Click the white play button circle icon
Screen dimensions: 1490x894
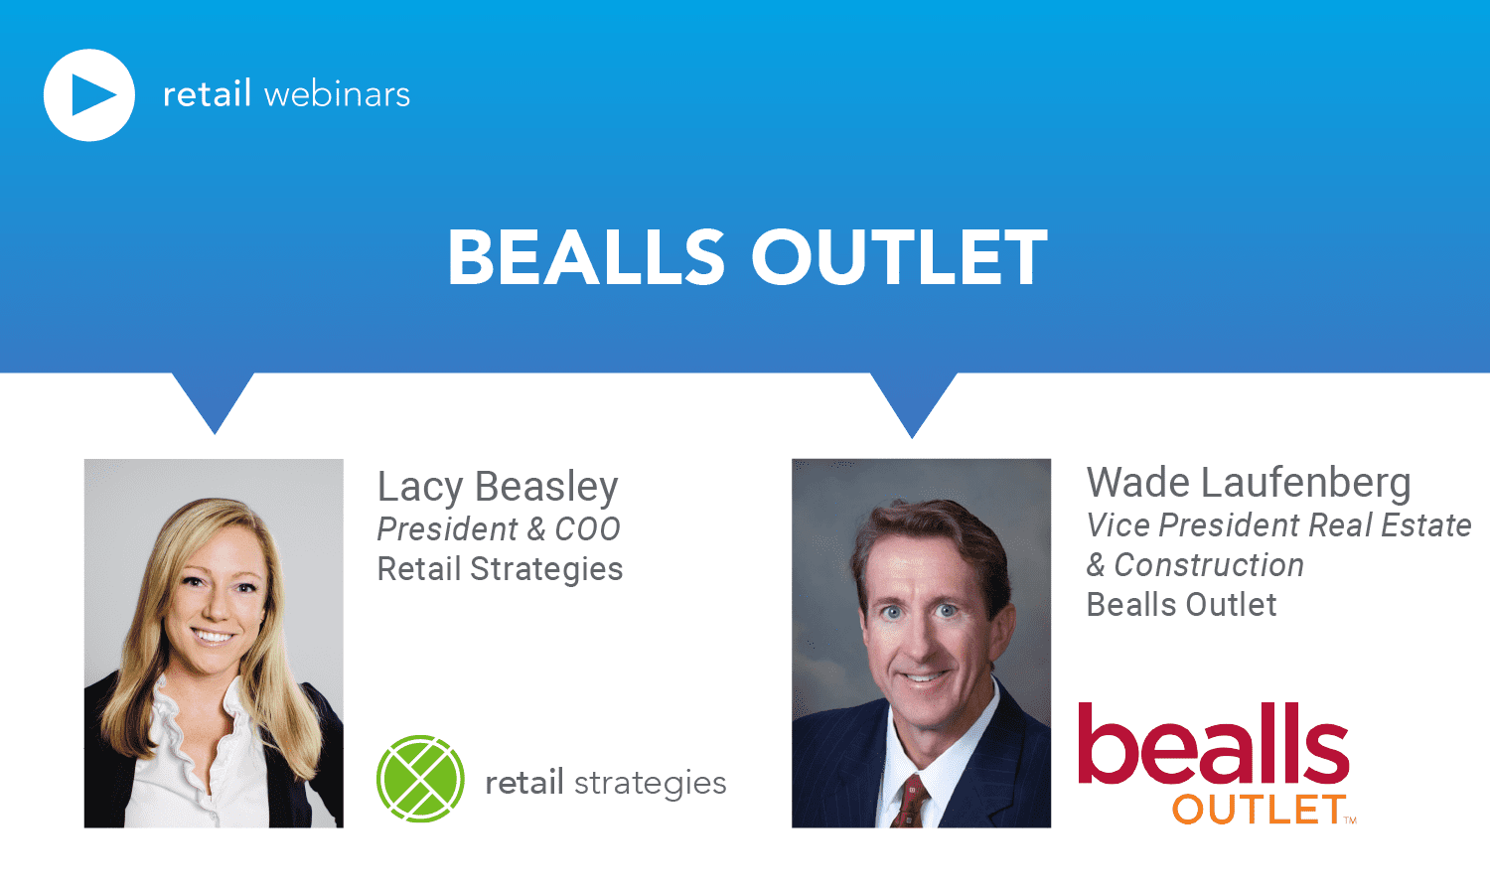tap(89, 94)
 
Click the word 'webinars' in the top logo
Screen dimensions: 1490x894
tap(338, 94)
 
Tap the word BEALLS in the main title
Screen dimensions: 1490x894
tap(586, 257)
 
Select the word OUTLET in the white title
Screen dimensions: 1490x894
tap(900, 257)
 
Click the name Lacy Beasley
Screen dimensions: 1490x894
tap(498, 487)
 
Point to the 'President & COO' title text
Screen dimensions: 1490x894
tap(499, 529)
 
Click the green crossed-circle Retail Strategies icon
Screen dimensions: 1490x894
tap(420, 778)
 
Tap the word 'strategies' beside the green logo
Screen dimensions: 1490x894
tap(650, 784)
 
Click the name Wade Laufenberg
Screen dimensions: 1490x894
tap(1249, 483)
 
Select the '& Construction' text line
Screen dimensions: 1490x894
tap(1195, 565)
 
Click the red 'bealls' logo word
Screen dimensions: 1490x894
tap(1213, 742)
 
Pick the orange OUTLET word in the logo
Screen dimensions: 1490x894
tap(1259, 810)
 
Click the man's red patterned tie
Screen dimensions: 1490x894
tap(909, 803)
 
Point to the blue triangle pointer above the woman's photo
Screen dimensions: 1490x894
tap(214, 397)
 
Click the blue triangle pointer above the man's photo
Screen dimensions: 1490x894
tap(913, 399)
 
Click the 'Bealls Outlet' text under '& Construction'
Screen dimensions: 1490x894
tap(1181, 605)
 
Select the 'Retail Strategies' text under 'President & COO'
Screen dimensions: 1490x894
tap(500, 569)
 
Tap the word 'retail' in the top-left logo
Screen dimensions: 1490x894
tap(207, 93)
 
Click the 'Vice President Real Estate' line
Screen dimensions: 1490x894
tap(1278, 525)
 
